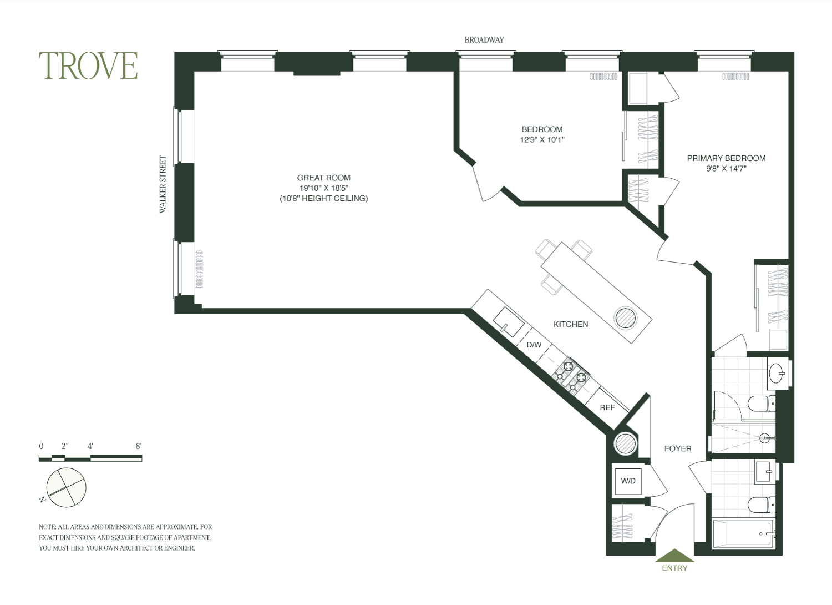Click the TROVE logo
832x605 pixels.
[x=88, y=66]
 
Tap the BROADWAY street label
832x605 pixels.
[x=484, y=40]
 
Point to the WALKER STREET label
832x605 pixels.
[x=163, y=184]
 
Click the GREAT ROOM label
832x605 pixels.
[x=323, y=178]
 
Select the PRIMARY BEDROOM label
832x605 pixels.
[x=726, y=158]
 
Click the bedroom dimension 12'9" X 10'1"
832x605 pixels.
[x=542, y=140]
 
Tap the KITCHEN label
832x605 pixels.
[x=571, y=325]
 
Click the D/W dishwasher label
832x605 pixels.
[x=534, y=345]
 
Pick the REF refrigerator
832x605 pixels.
[x=607, y=407]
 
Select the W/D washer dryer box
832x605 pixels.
[x=628, y=481]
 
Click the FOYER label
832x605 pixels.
[x=678, y=448]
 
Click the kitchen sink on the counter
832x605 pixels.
[x=509, y=322]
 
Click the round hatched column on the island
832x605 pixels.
[x=626, y=317]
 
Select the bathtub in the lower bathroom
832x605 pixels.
[x=743, y=533]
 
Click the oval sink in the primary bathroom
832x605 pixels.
[x=777, y=373]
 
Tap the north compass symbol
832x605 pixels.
[x=65, y=487]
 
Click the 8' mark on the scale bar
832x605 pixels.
[x=139, y=446]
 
